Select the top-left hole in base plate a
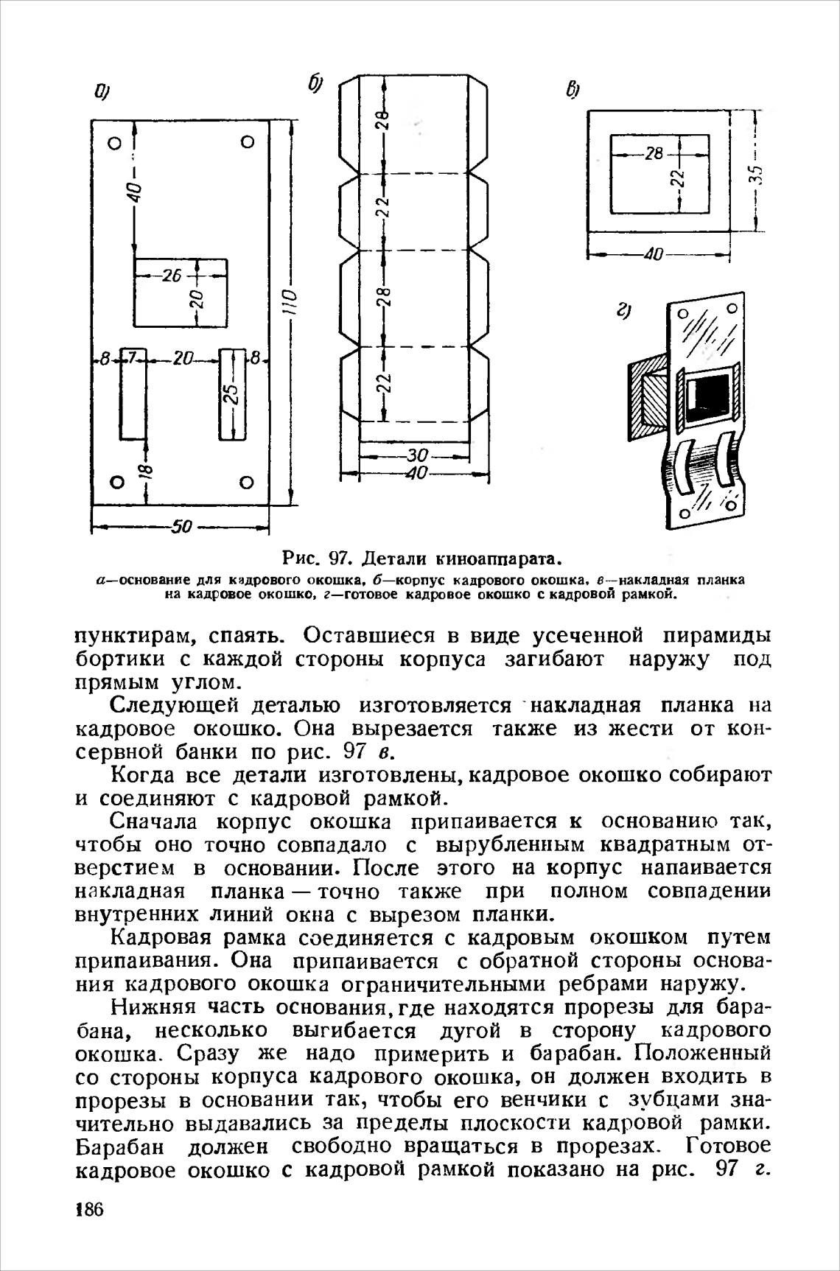pyautogui.click(x=113, y=142)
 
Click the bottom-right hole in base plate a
pyautogui.click(x=247, y=483)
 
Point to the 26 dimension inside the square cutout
pyautogui.click(x=172, y=276)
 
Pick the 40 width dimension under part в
pyautogui.click(x=651, y=256)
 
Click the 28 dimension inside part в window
pyautogui.click(x=653, y=154)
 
